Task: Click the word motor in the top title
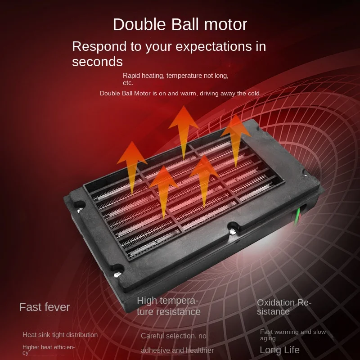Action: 225,25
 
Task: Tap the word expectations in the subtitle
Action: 214,47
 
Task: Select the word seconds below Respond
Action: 97,62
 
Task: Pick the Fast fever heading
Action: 44,307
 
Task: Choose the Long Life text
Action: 279,350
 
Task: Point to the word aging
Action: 268,338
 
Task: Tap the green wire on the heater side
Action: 298,216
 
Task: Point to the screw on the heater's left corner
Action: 80,210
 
